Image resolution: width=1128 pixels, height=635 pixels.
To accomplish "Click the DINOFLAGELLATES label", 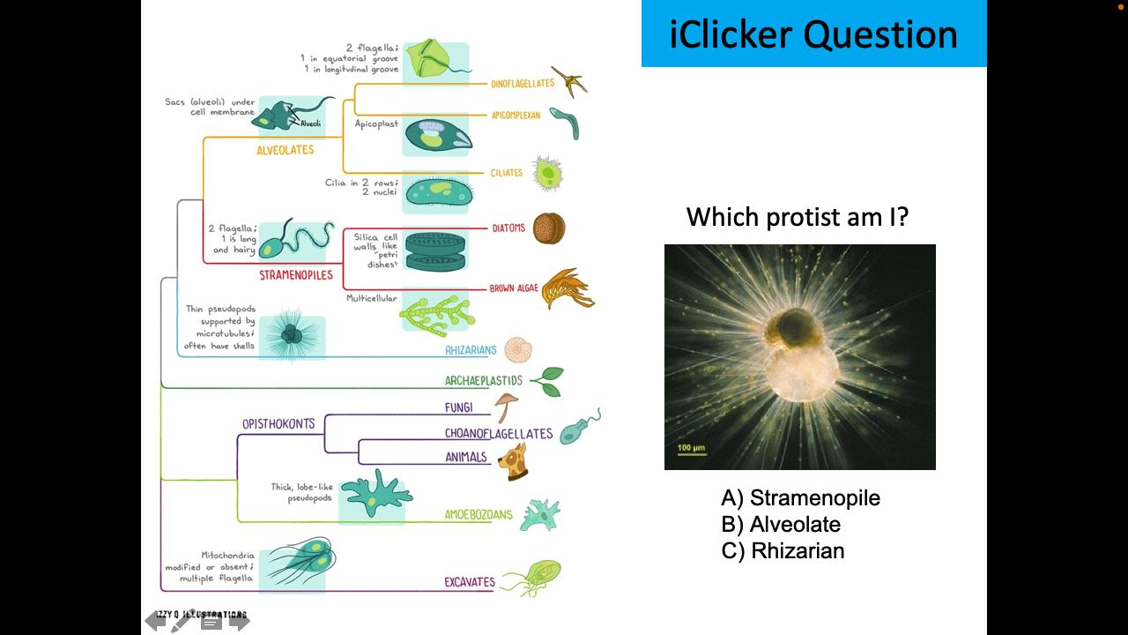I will coord(523,84).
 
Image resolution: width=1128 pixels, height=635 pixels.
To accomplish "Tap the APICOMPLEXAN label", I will coord(516,116).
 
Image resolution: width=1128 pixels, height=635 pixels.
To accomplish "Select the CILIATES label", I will coord(507,173).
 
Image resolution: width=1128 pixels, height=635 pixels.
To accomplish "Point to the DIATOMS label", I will coord(508,228).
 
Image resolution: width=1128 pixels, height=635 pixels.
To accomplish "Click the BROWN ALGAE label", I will coord(514,288).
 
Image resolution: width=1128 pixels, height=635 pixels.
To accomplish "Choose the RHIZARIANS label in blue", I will coord(471,350).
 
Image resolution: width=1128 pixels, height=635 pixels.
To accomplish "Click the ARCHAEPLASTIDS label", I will coord(484,381).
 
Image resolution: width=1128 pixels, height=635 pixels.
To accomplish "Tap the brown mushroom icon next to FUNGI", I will coord(506,407).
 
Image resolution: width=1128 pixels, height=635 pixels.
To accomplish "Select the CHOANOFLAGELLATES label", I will coord(499,433).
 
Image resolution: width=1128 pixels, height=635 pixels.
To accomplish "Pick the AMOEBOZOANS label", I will coord(479,515).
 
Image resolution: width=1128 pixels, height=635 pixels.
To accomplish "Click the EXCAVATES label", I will coord(470,582).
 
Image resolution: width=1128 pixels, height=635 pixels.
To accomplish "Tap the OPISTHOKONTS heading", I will coord(278,424).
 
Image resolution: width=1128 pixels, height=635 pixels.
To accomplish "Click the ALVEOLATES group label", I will coord(286,150).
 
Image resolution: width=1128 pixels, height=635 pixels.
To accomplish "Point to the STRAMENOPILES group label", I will coord(296,275).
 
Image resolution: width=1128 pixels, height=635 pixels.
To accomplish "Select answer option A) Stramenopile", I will coord(800,498).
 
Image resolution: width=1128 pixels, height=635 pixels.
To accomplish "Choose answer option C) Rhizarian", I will coord(783,551).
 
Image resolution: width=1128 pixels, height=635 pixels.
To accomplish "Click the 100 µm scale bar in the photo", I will coord(691,450).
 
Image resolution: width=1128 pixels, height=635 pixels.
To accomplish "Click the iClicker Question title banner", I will coord(813,34).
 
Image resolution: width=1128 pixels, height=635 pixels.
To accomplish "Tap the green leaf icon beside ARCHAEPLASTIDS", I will coord(547,381).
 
